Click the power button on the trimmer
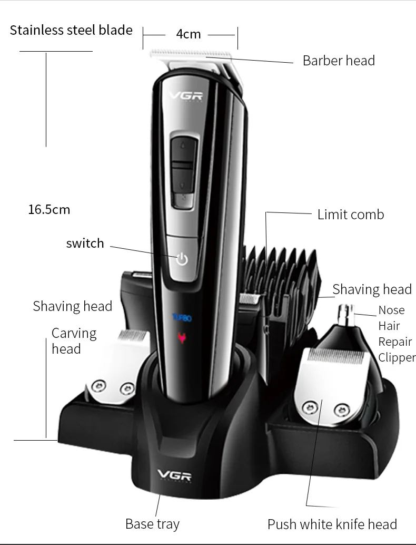coord(182,259)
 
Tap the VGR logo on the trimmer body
coord(186,95)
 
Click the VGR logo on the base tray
coord(174,475)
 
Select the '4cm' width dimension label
coord(188,34)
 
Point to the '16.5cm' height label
coord(49,210)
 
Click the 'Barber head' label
coord(339,61)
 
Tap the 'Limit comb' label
coord(351,215)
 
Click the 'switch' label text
coord(85,244)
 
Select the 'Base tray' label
coord(152,524)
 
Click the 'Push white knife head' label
coord(332,524)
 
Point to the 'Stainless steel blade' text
coord(71,30)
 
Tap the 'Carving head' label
coord(74,341)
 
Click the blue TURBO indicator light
coord(182,318)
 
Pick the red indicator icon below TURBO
coord(181,337)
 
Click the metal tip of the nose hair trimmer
coord(346,313)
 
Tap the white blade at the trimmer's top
coord(191,54)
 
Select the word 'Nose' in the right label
coord(391,310)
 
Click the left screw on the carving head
coord(98,386)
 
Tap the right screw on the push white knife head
coord(342,410)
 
